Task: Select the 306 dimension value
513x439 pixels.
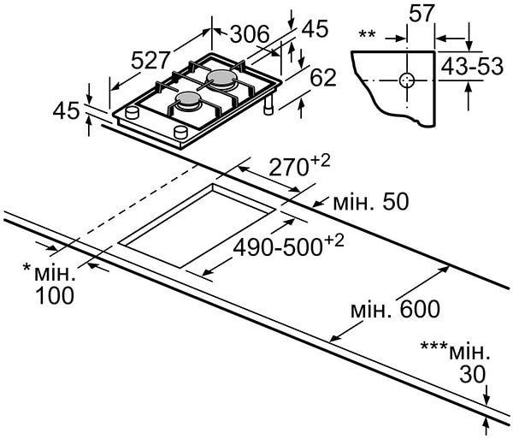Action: pyautogui.click(x=250, y=34)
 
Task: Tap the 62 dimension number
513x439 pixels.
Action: pyautogui.click(x=322, y=78)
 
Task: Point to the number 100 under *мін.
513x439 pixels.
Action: pyautogui.click(x=55, y=296)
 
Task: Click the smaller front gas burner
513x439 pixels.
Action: pyautogui.click(x=188, y=102)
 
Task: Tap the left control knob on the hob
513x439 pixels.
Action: pyautogui.click(x=132, y=114)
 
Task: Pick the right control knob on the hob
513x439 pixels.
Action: pyautogui.click(x=180, y=130)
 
